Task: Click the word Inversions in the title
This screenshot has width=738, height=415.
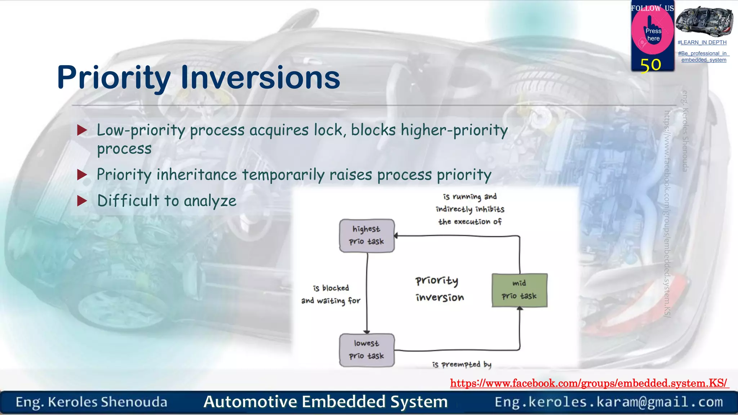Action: [260, 77]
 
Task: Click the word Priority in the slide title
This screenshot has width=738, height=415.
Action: [114, 78]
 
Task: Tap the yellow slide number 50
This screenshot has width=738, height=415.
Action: [650, 65]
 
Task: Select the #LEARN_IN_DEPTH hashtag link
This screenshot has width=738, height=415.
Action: [702, 43]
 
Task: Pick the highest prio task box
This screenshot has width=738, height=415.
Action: [367, 236]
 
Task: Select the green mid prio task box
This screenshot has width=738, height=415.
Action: [519, 290]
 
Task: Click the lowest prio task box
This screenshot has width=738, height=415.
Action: [367, 350]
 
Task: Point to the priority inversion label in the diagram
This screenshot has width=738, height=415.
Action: [439, 289]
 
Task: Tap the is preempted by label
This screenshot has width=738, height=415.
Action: [462, 365]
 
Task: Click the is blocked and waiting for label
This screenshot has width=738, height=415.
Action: [331, 294]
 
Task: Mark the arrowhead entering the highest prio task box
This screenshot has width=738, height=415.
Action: [396, 236]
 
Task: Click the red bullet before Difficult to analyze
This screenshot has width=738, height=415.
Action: [82, 201]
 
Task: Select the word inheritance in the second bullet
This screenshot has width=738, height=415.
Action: [196, 175]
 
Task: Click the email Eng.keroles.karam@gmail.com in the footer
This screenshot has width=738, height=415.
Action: [609, 402]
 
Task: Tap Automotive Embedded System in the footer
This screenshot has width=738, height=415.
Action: [325, 402]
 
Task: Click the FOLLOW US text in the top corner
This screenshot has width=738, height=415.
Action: [652, 8]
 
